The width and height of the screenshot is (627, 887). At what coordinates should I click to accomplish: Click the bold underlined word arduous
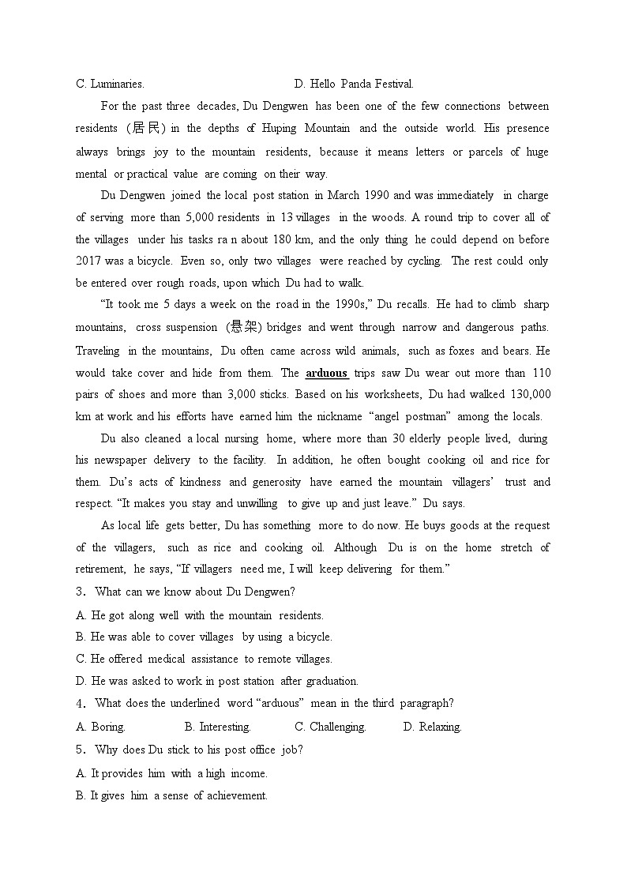pyautogui.click(x=326, y=373)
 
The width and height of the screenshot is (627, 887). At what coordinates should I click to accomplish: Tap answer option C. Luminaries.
pyautogui.click(x=110, y=84)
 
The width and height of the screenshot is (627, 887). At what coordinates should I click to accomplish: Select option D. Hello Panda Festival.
pyautogui.click(x=353, y=84)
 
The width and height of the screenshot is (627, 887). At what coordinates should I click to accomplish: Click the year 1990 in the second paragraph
pyautogui.click(x=377, y=195)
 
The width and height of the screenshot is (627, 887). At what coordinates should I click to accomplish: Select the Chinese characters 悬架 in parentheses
pyautogui.click(x=242, y=327)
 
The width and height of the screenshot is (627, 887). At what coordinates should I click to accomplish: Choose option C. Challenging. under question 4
pyautogui.click(x=330, y=727)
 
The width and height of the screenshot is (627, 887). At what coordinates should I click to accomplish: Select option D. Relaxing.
pyautogui.click(x=432, y=727)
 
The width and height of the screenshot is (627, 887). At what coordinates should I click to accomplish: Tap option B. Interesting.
pyautogui.click(x=217, y=727)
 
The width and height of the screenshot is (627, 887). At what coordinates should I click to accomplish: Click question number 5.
pyautogui.click(x=80, y=750)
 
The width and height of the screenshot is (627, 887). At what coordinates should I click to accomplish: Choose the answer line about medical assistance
pyautogui.click(x=204, y=659)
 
